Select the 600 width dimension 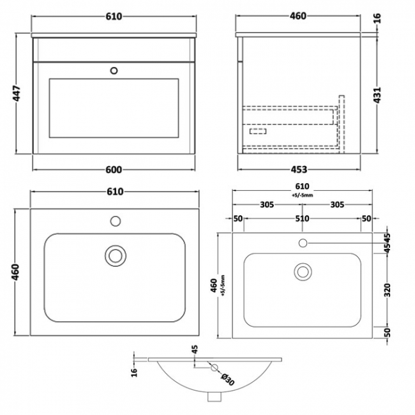113,169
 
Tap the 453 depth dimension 299,169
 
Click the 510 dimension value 302,218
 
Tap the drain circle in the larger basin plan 116,255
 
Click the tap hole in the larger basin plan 116,222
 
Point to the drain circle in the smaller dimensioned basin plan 302,272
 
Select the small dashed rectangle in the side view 257,132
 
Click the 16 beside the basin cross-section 135,372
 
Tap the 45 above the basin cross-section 195,349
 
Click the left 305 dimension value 268,205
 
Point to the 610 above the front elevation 113,17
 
